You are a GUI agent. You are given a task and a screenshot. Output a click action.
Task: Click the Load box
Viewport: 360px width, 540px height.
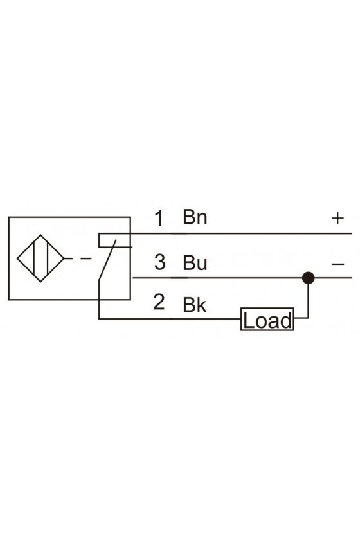click(267, 319)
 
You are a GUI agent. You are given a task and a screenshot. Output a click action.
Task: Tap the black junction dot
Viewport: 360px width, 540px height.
click(308, 278)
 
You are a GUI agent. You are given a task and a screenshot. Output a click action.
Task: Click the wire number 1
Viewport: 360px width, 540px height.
click(159, 218)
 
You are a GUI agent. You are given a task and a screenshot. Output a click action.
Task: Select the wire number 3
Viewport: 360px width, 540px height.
click(160, 262)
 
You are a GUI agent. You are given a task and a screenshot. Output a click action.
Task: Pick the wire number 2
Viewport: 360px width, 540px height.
click(159, 302)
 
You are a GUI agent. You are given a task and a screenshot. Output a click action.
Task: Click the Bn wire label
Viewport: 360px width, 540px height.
click(195, 217)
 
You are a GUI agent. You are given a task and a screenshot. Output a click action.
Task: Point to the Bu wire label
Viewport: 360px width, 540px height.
click(195, 262)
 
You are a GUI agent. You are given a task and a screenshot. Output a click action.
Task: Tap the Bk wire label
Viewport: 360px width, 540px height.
click(195, 305)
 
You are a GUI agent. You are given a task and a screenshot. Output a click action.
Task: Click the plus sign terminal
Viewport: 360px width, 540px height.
click(337, 218)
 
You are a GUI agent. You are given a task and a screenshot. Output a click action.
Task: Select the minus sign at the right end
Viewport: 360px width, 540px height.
click(338, 264)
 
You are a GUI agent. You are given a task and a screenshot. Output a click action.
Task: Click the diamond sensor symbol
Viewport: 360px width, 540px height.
click(40, 258)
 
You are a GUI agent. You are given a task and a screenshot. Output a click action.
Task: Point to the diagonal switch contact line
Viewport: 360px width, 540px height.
click(107, 260)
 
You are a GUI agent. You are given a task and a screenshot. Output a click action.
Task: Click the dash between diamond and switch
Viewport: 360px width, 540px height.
click(85, 258)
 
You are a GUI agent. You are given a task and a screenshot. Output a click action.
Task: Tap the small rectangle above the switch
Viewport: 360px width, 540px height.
click(115, 240)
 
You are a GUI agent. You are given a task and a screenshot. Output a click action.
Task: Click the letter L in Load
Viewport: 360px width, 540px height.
click(248, 320)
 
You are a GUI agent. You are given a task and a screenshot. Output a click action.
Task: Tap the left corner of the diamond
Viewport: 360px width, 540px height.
click(17, 258)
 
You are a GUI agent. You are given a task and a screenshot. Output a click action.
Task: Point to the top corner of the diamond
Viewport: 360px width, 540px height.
click(40, 235)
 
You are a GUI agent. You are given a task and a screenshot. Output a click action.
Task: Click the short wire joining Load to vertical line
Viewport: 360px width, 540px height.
click(301, 318)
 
